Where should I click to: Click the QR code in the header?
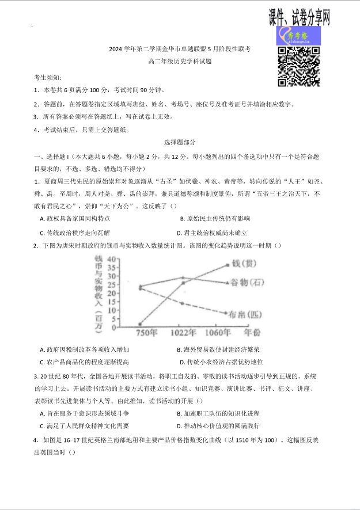[x=299, y=66]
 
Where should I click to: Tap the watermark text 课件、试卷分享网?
[x=300, y=17]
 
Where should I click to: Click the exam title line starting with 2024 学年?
[x=180, y=50]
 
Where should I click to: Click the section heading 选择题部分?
[x=180, y=142]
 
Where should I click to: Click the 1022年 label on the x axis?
[x=183, y=333]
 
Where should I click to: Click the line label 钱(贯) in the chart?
[x=244, y=264]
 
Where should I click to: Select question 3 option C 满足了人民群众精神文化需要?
[x=84, y=426]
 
